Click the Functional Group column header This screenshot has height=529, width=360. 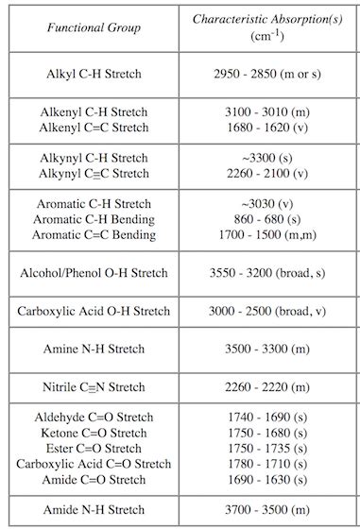[x=94, y=27]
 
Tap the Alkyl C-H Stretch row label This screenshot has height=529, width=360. [x=94, y=74]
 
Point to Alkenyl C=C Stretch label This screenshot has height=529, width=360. [x=94, y=128]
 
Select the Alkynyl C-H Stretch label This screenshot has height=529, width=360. [x=94, y=157]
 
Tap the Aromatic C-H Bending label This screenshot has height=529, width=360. [x=94, y=218]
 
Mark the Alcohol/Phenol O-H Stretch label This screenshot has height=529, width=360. [x=94, y=273]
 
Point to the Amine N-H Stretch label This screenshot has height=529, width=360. [x=94, y=349]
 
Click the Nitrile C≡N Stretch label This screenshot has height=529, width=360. [x=94, y=386]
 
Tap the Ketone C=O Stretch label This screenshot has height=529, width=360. [x=94, y=433]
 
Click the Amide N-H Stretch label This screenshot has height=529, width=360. [x=94, y=510]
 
